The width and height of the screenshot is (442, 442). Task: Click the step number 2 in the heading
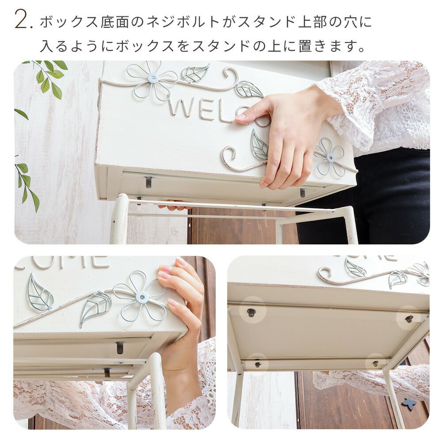click(22, 19)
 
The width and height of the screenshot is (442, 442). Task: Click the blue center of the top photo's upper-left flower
click(152, 77)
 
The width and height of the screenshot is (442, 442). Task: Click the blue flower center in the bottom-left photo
click(141, 296)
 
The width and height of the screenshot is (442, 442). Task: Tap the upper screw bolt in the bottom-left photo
click(120, 348)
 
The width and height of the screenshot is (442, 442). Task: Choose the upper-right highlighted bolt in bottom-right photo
click(409, 319)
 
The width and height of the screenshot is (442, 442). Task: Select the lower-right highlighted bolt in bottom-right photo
click(375, 364)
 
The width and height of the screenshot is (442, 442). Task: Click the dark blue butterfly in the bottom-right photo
click(407, 403)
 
